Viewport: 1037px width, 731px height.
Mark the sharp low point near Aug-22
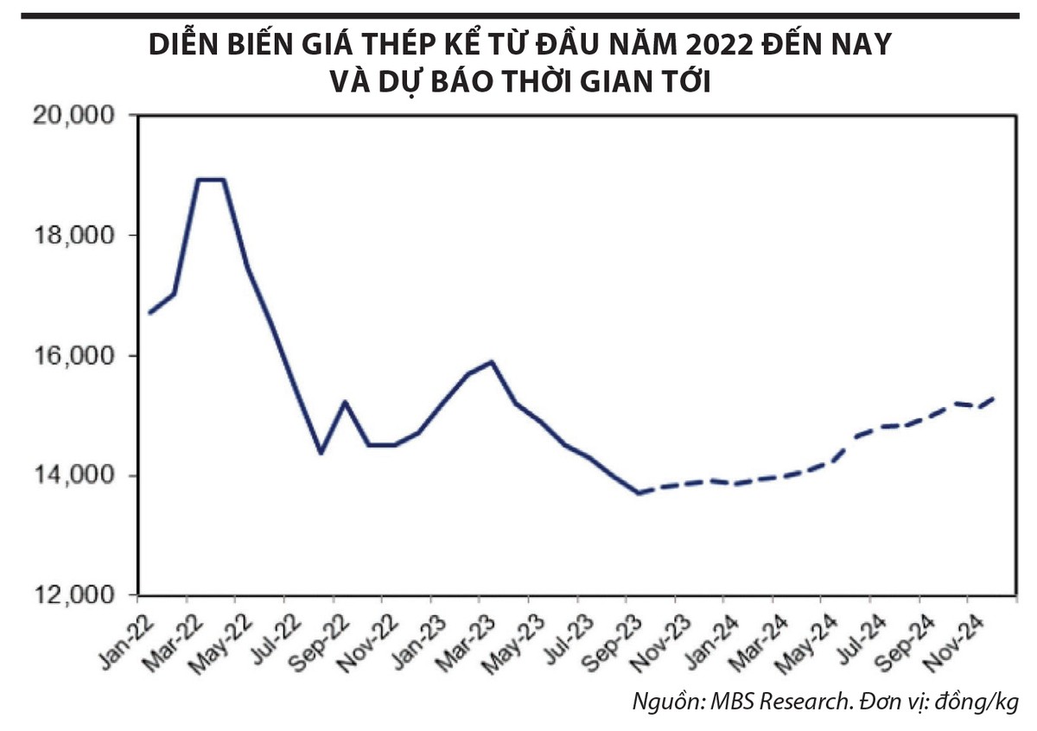click(x=321, y=453)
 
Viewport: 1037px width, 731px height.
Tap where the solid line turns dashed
click(x=639, y=493)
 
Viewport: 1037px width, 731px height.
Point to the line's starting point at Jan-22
click(x=150, y=313)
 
